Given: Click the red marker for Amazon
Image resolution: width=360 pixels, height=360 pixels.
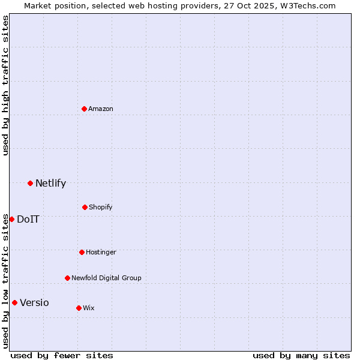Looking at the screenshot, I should point(85,109).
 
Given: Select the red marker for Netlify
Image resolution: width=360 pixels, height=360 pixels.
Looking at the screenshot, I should point(30,183).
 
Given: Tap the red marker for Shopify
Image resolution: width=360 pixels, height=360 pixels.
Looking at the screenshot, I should point(85,207).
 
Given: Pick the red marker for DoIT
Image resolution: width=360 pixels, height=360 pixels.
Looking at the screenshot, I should point(11,219).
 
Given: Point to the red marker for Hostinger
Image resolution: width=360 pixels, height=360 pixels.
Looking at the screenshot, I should point(82,252).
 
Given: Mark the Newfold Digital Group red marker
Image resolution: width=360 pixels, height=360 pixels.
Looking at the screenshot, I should point(67,278).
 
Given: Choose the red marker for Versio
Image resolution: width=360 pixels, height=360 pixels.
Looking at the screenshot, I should point(14,302).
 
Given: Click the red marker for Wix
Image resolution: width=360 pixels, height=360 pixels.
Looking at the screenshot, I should point(79,308).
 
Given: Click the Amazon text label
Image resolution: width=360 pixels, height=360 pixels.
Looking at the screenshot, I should point(101,109).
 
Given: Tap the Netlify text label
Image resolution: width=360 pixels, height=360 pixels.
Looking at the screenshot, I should point(50,183).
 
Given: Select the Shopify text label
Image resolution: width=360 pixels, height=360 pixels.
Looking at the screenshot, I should point(101,207).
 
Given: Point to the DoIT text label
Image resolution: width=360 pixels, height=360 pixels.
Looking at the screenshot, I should point(28,219).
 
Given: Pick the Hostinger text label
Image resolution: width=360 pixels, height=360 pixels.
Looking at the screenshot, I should point(101,252).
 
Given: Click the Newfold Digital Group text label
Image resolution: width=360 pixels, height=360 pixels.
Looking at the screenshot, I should point(106,278).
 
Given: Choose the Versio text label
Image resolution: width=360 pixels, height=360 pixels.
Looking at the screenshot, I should point(34,302).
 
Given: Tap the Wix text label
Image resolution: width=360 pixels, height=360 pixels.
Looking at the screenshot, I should point(89,308).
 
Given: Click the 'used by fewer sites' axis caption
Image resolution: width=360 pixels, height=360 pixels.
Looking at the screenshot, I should point(62,355).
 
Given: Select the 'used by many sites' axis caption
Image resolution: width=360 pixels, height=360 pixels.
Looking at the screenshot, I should point(301,355).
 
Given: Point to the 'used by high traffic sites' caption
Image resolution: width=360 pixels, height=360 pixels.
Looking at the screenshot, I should point(5,85).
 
